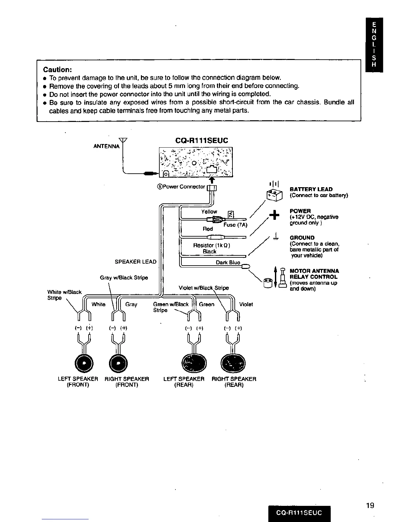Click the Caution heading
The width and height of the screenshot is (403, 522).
[57, 70]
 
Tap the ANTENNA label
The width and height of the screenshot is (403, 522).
[106, 146]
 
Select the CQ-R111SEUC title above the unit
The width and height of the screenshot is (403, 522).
[202, 141]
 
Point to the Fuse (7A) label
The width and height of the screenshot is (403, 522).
[235, 225]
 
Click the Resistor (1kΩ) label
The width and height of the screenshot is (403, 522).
[211, 245]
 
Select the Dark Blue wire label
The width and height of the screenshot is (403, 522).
[228, 262]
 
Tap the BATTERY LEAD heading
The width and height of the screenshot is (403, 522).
[311, 189]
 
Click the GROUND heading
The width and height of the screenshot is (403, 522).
[302, 238]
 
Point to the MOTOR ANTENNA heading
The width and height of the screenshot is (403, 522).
[314, 271]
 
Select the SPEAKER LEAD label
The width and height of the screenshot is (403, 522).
[135, 262]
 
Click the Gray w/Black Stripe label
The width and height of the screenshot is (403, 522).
[124, 277]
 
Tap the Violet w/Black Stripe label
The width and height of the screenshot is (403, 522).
[203, 288]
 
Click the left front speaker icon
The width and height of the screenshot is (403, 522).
[84, 363]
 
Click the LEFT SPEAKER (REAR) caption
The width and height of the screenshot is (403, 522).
[184, 382]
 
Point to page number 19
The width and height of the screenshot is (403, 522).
[370, 505]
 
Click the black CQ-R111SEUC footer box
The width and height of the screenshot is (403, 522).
[299, 512]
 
